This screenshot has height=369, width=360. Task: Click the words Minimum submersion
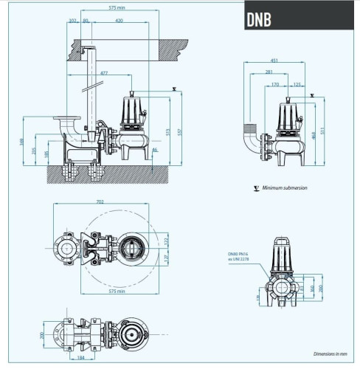pos(283,188)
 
